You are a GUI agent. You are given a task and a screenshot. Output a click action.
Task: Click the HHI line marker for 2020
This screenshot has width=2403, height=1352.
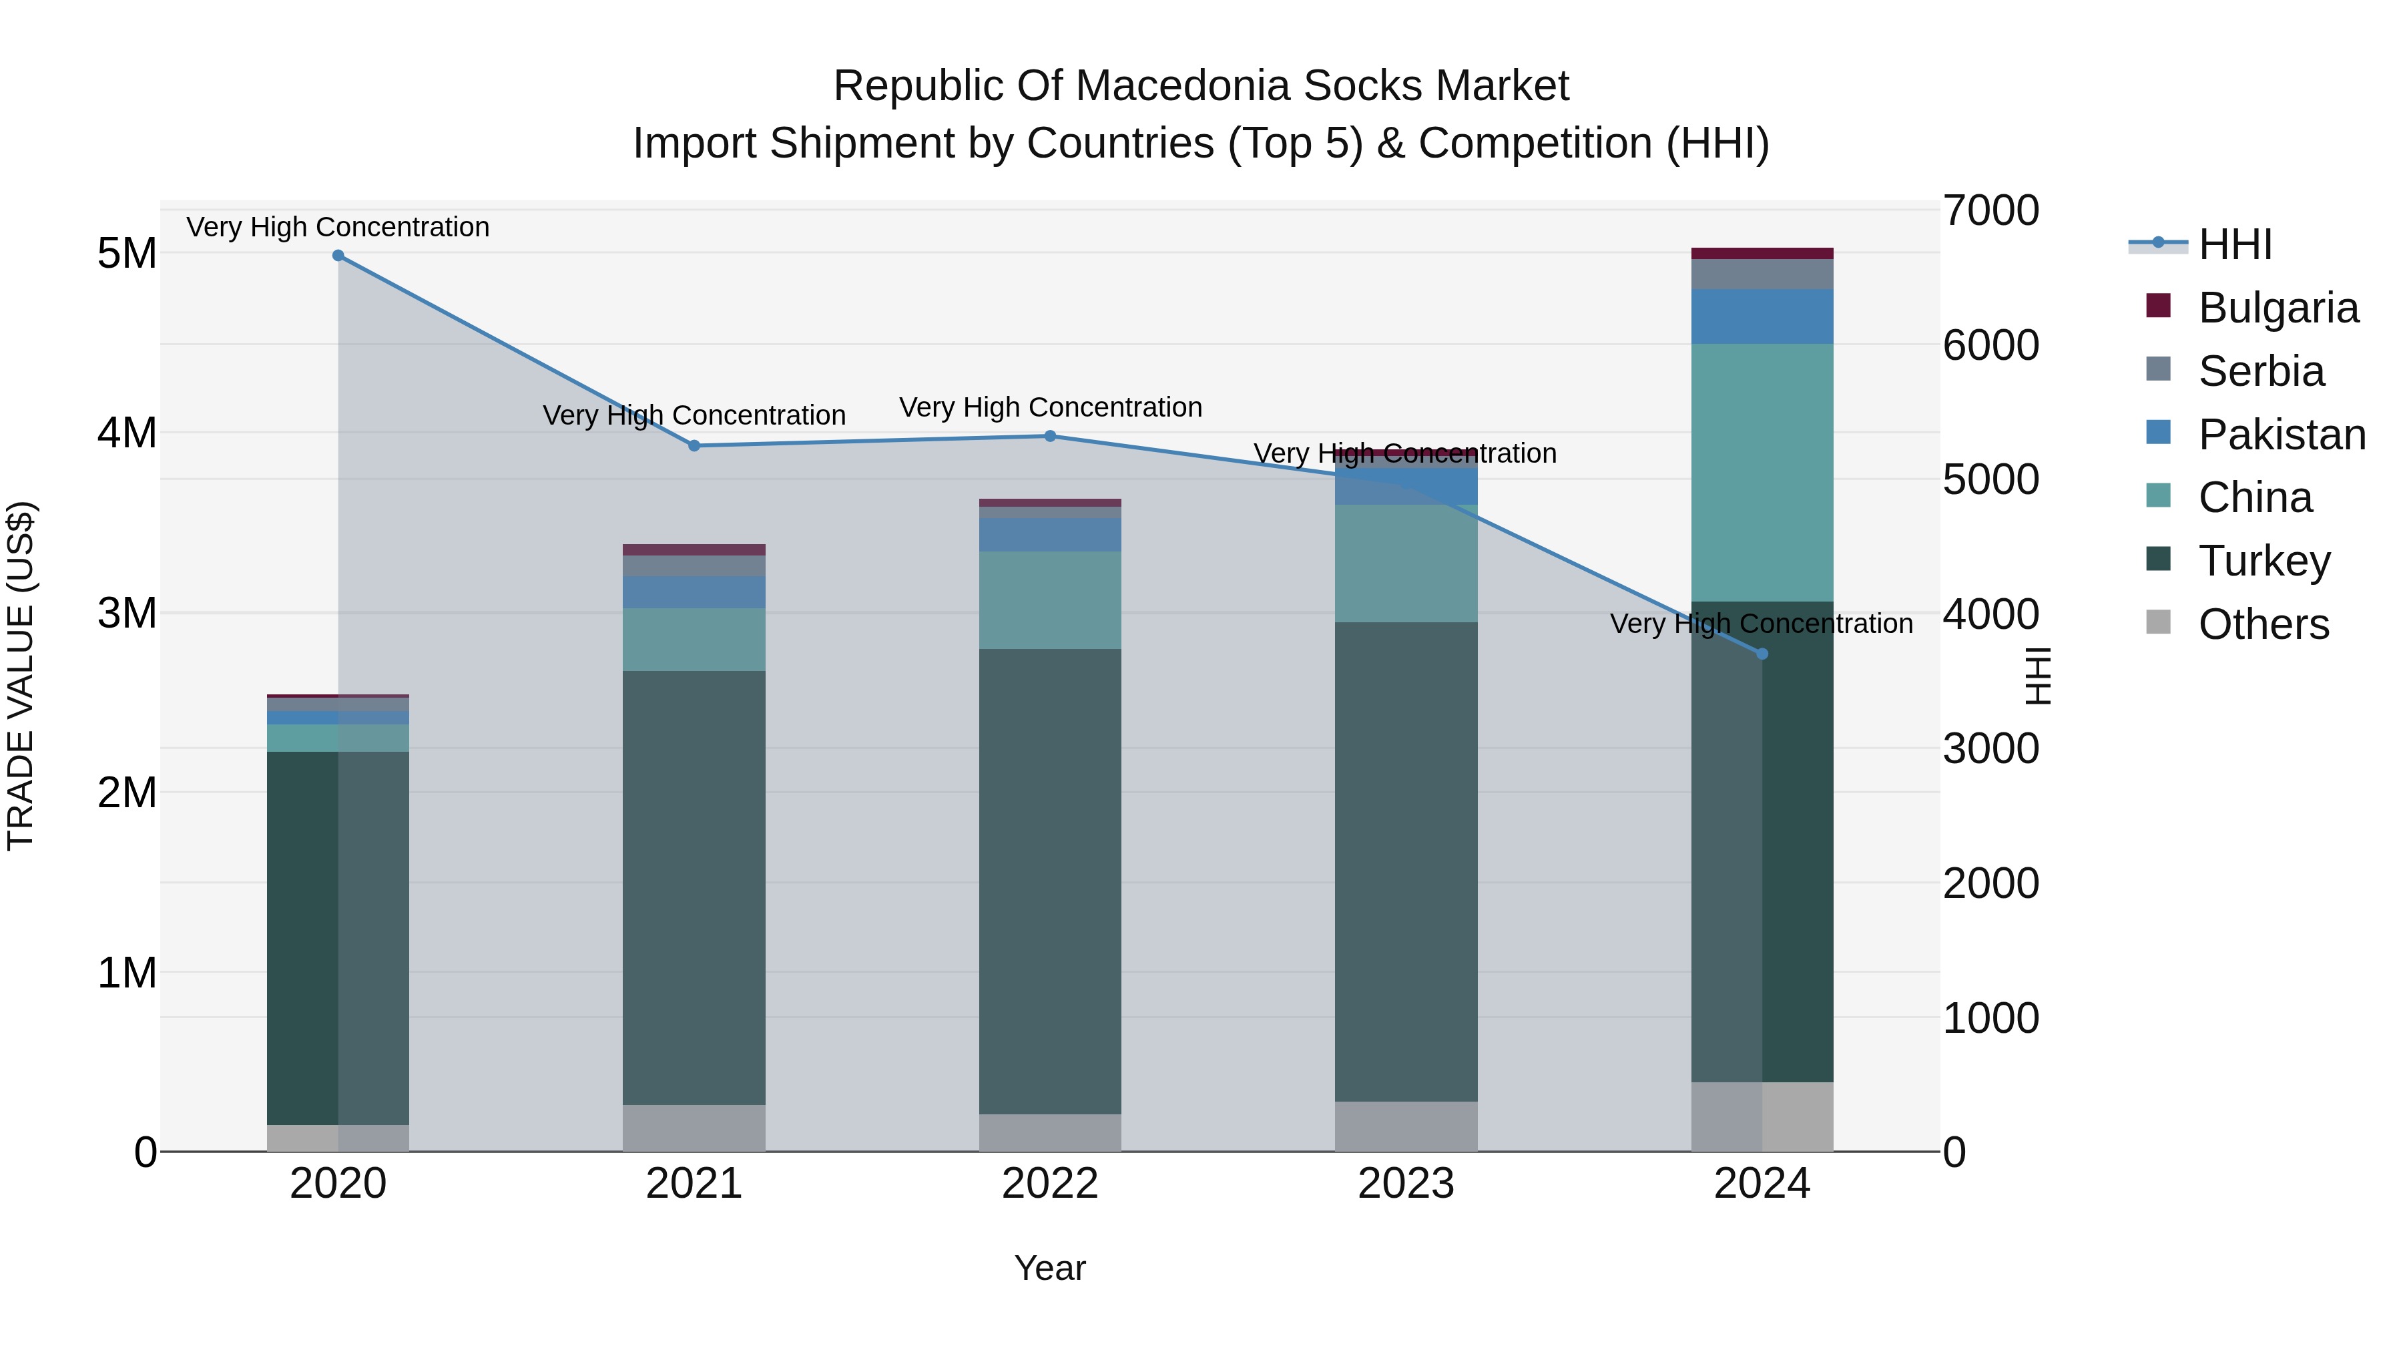coord(338,256)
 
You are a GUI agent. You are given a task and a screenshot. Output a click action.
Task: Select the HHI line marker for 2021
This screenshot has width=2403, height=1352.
coord(694,446)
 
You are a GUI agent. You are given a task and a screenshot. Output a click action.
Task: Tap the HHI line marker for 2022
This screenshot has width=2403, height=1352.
coord(1051,436)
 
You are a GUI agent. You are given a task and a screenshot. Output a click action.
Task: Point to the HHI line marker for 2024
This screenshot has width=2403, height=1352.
coord(1762,654)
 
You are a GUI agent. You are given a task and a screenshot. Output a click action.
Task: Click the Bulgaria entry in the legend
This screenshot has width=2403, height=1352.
coord(2277,308)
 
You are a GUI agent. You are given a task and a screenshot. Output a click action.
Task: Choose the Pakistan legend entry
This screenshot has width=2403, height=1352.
coord(2281,435)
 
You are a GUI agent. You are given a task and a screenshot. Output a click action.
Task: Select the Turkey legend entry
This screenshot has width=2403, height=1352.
coord(2264,561)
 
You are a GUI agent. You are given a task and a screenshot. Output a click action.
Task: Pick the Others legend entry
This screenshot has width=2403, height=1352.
coord(2263,624)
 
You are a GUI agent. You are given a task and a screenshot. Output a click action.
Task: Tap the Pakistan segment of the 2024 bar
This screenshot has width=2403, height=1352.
coord(1762,316)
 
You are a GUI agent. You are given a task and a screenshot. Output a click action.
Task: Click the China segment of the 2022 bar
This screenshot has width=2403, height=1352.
coord(1051,600)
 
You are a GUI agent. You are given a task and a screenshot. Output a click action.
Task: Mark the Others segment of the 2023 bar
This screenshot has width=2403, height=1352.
coord(1406,1126)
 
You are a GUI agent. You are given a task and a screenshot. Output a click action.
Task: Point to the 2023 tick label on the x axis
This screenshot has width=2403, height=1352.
coord(1406,1184)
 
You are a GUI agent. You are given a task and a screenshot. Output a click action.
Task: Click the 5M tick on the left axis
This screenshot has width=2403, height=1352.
coord(127,253)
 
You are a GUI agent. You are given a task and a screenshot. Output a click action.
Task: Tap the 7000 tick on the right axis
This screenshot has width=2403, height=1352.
coord(1990,211)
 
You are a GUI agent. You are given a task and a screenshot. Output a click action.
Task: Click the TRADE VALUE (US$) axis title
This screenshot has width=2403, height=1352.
coord(21,676)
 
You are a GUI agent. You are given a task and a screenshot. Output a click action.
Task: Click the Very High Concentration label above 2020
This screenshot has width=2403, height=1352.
coord(338,227)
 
